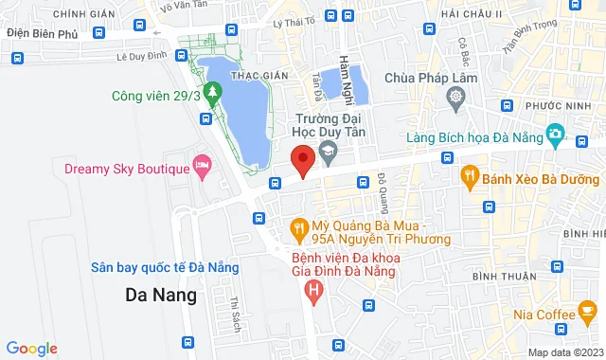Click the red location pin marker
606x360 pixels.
pos(302,160)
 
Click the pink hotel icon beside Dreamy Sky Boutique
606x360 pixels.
pos(202,168)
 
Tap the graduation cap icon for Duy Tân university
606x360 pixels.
pos(327,149)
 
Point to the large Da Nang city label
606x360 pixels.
pos(161,295)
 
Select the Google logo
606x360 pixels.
pos(31,348)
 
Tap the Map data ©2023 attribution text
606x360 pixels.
pos(564,352)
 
